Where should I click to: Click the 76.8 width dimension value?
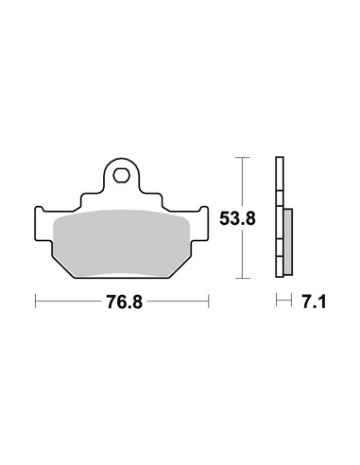click(x=125, y=302)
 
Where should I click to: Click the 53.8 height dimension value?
click(x=237, y=218)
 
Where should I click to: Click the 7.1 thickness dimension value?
click(x=314, y=302)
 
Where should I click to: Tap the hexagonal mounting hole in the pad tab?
click(x=121, y=176)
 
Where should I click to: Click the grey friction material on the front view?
click(x=122, y=244)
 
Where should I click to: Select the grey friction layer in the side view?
click(x=288, y=242)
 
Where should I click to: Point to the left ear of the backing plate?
click(x=43, y=224)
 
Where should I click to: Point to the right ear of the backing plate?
click(x=200, y=224)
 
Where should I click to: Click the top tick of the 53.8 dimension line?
click(x=242, y=157)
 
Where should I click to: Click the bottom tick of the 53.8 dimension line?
click(x=242, y=278)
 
